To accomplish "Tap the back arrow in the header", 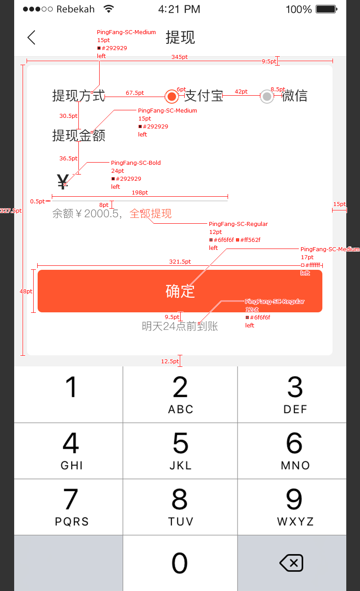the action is click(31, 38).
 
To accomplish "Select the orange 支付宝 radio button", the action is click(172, 96).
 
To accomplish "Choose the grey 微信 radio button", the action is click(267, 96).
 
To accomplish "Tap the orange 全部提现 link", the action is click(151, 214).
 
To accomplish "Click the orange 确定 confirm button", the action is click(180, 291).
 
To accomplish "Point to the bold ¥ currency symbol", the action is click(63, 182).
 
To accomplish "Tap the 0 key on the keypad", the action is click(180, 563).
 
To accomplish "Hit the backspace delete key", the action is click(291, 563).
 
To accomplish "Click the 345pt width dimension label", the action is click(180, 57).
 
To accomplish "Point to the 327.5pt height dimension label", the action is click(11, 210).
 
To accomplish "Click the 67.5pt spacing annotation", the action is click(135, 93).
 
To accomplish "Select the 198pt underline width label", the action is click(140, 192).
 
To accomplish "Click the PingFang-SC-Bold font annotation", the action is click(136, 163).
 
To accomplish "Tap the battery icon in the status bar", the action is click(326, 9).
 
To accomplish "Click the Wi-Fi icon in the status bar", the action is click(108, 9).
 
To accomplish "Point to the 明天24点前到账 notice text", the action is click(180, 327).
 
